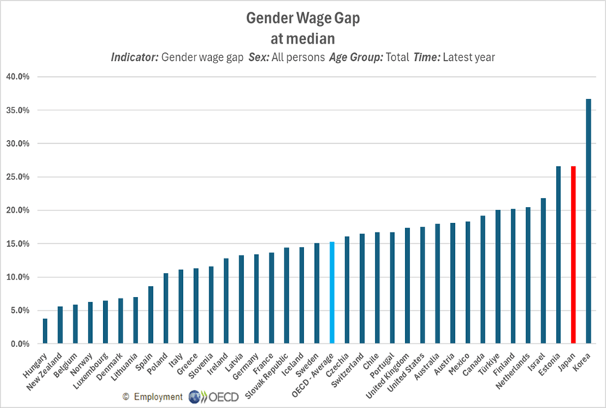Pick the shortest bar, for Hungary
[x=45, y=331]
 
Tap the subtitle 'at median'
[x=303, y=35]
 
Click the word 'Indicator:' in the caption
[x=136, y=57]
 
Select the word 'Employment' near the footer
[x=157, y=397]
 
